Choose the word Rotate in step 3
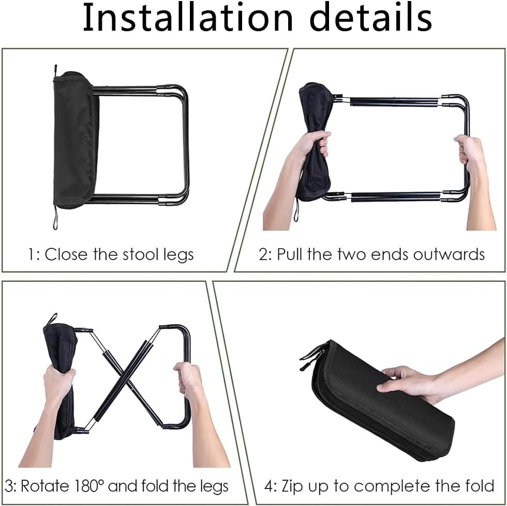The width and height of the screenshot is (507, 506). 46,486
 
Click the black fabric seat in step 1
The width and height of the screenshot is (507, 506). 75,140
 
